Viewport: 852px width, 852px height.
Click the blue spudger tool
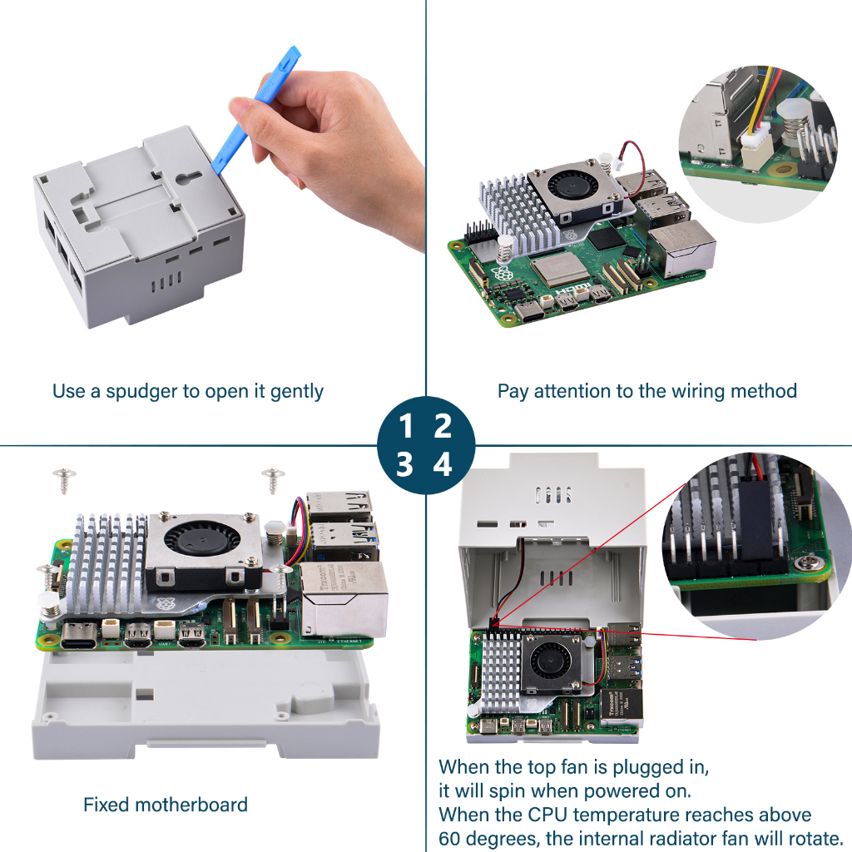pyautogui.click(x=255, y=111)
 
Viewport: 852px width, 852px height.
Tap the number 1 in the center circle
pyautogui.click(x=406, y=426)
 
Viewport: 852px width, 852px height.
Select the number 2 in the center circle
pyautogui.click(x=443, y=426)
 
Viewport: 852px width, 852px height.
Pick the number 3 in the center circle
pyautogui.click(x=405, y=465)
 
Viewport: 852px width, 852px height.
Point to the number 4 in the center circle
pyautogui.click(x=443, y=465)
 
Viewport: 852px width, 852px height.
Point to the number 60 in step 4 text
pyautogui.click(x=449, y=839)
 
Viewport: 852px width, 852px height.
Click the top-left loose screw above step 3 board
pyautogui.click(x=64, y=480)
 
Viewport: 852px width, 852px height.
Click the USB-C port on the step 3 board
pyautogui.click(x=79, y=636)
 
